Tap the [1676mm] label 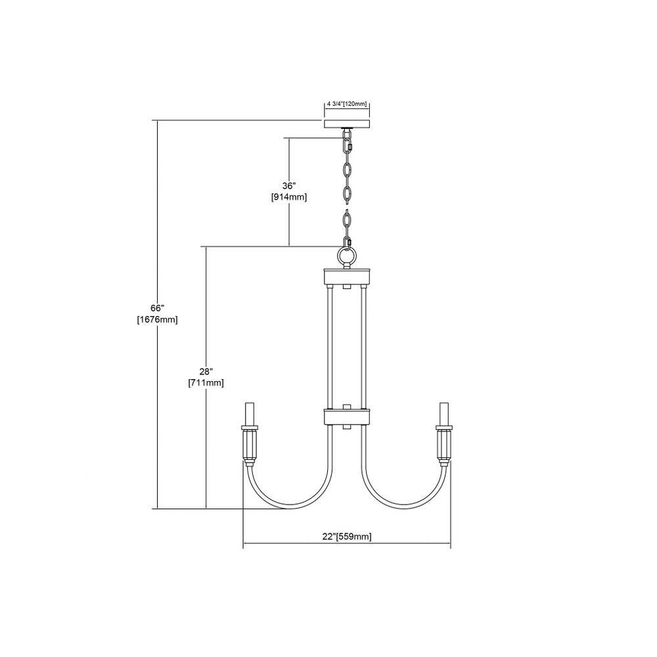pos(158,320)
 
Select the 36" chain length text pos(288,186)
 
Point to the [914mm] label pos(289,197)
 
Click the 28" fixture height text pos(206,371)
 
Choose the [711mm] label pos(206,382)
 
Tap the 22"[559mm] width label pos(347,536)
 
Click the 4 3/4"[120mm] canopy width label pos(346,104)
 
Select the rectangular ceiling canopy pos(346,124)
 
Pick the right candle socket pos(443,445)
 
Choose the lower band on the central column pos(346,416)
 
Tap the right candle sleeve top pos(443,414)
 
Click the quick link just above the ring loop pos(347,243)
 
